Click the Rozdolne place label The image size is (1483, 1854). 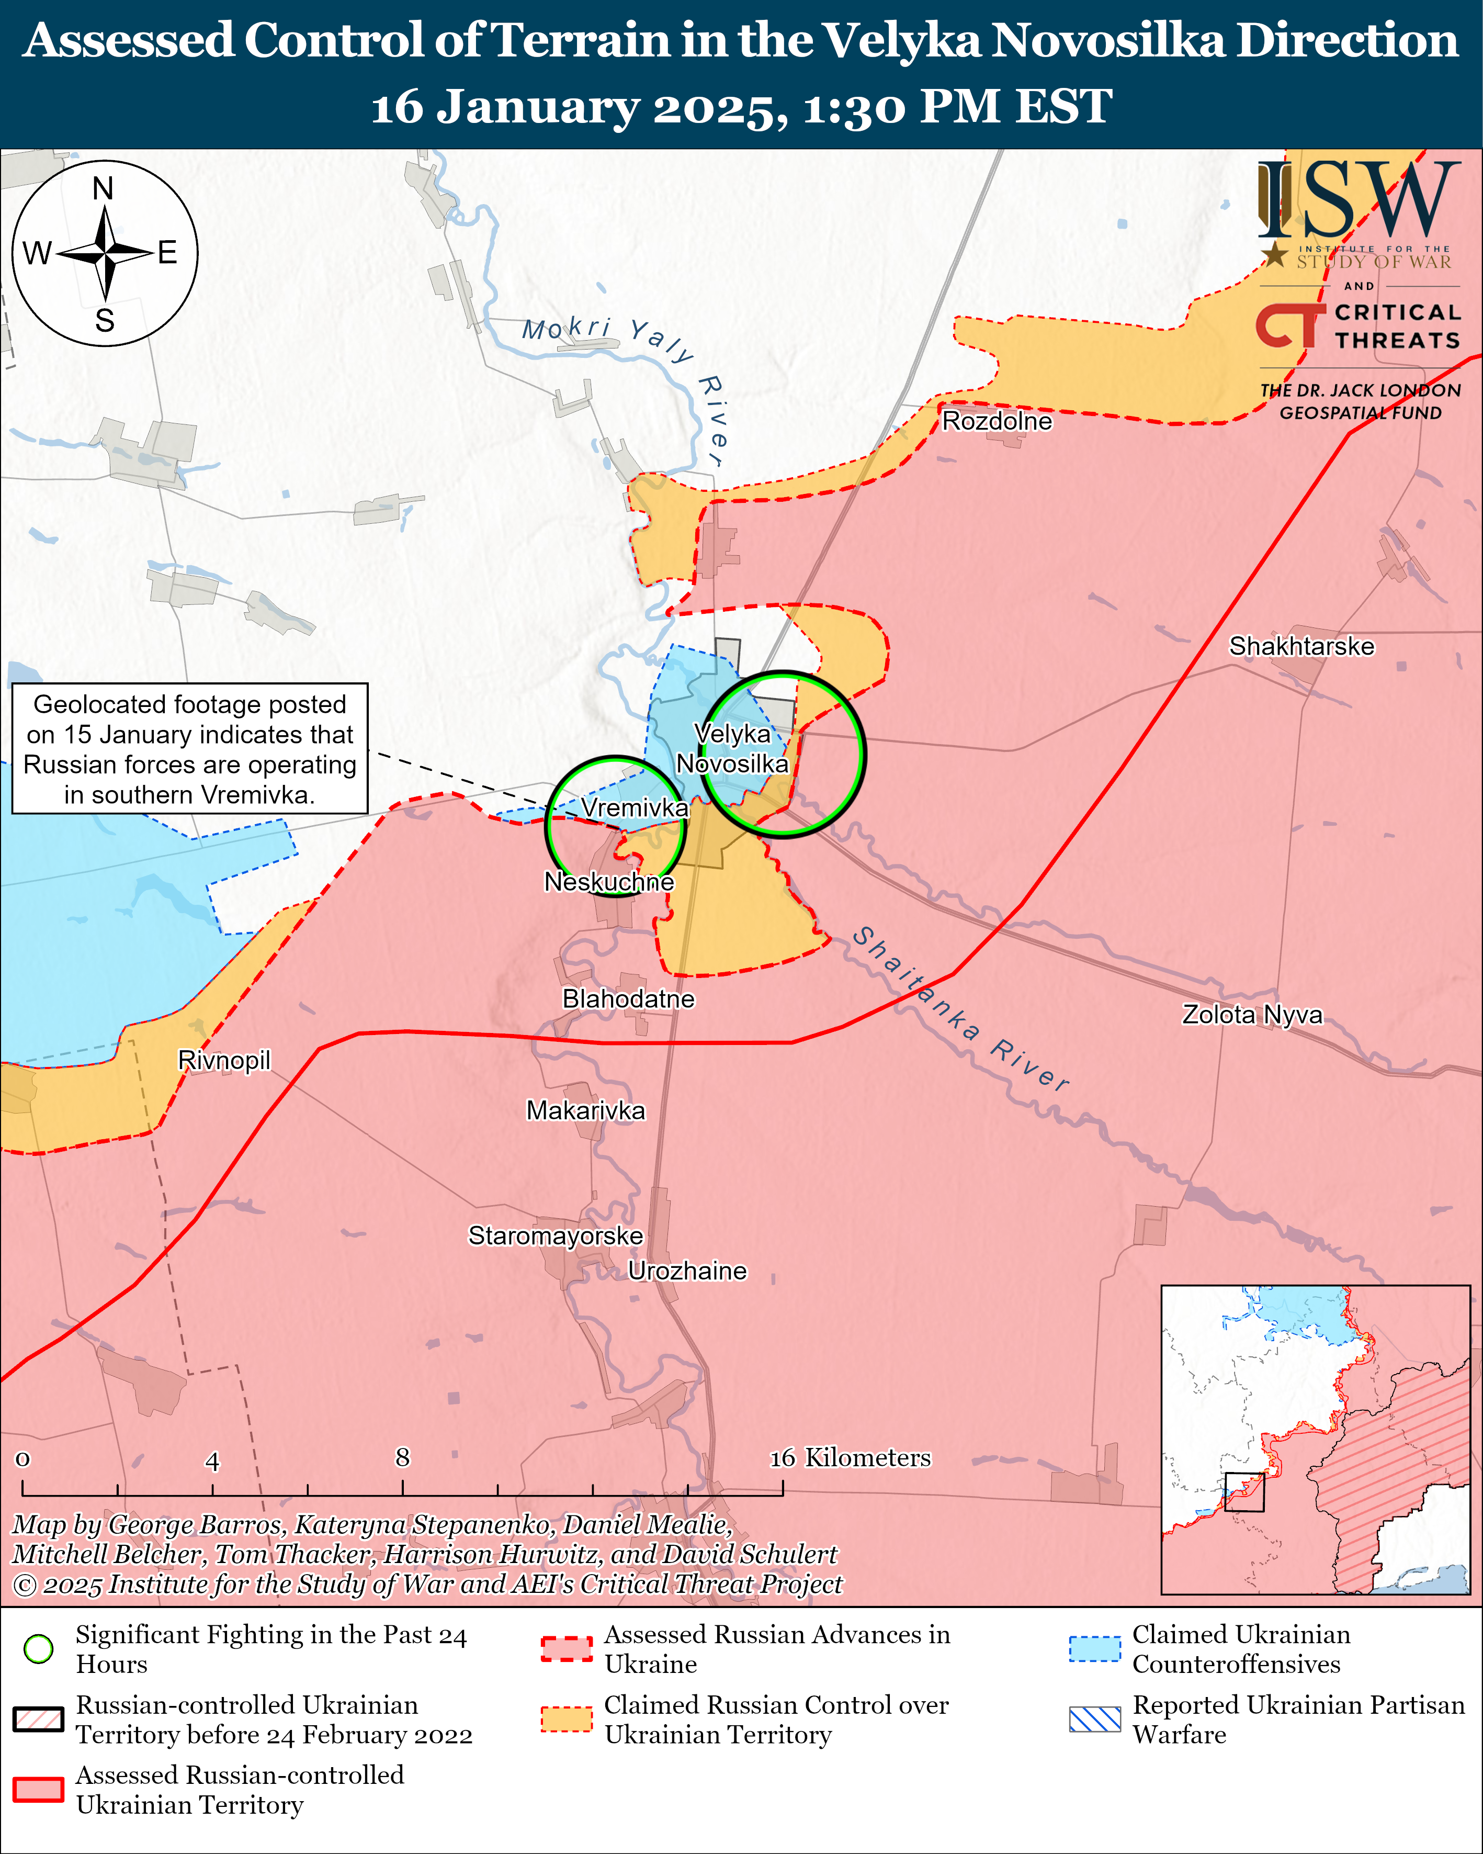(x=997, y=421)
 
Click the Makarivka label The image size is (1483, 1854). (x=585, y=1110)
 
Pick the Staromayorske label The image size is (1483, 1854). (x=556, y=1235)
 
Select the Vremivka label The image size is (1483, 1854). (x=635, y=807)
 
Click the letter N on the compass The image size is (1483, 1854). (x=103, y=188)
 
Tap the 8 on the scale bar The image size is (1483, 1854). (x=402, y=1457)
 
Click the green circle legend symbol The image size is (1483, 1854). (x=39, y=1648)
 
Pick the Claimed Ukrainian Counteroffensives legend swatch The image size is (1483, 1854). (x=1094, y=1648)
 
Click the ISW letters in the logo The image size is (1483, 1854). (x=1359, y=202)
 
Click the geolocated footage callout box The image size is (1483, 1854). (x=189, y=748)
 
